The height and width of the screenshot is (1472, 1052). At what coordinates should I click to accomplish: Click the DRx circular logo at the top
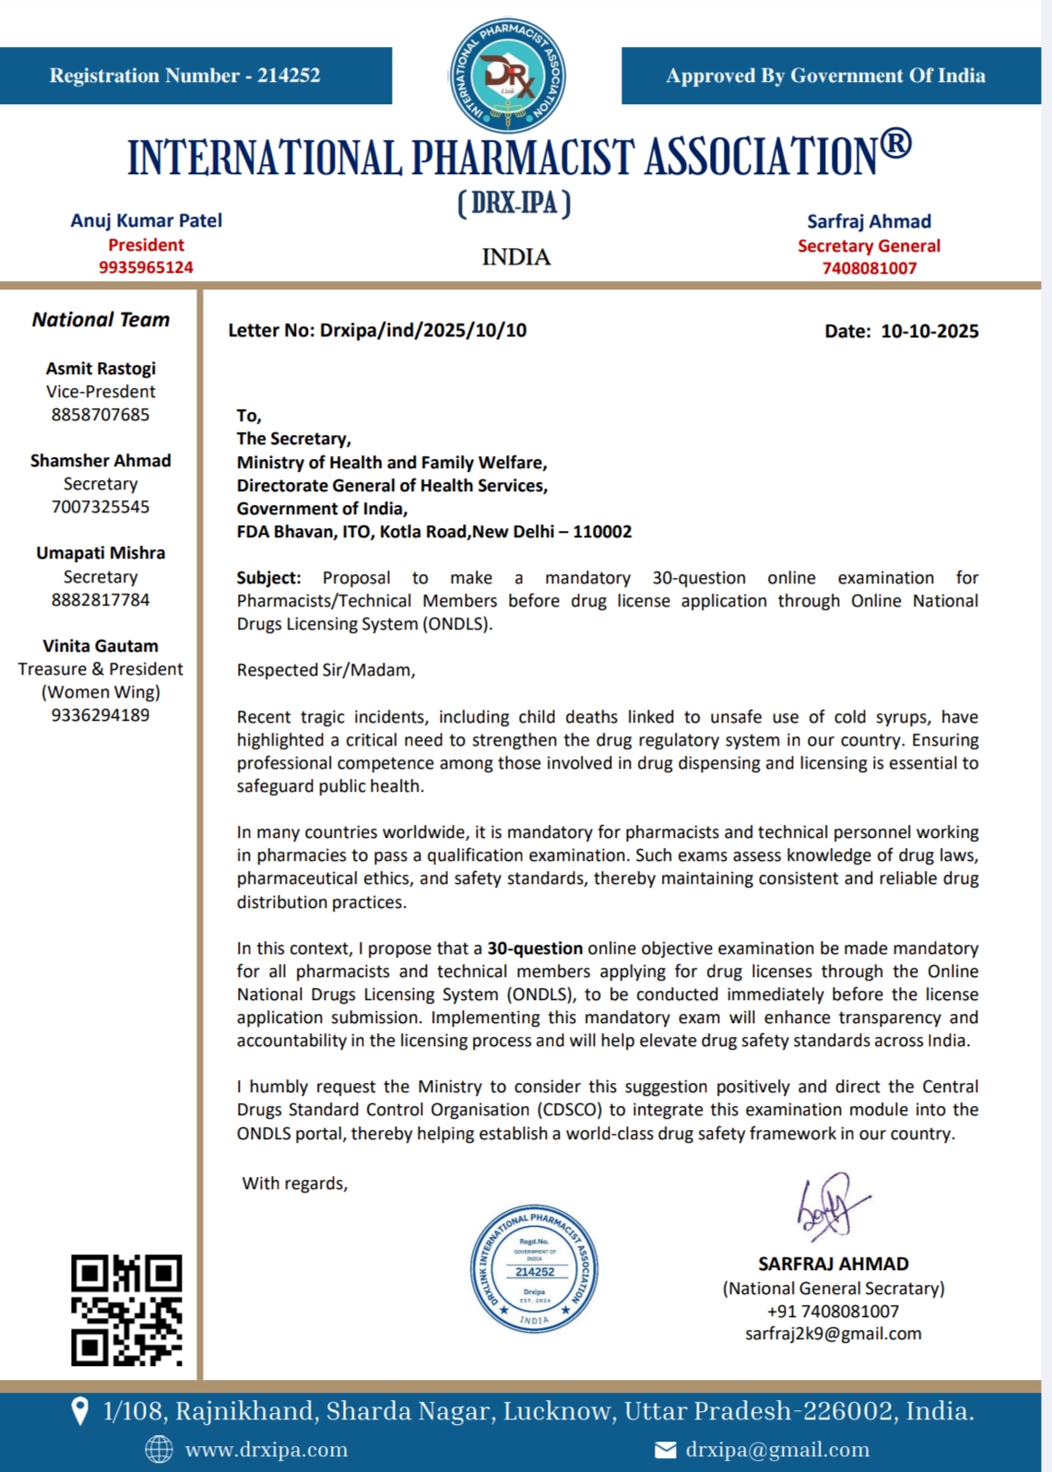(507, 76)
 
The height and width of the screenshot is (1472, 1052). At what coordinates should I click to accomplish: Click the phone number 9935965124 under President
(146, 267)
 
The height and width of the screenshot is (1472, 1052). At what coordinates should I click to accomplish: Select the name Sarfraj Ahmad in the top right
(869, 221)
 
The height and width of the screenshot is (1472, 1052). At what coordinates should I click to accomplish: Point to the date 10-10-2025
(929, 331)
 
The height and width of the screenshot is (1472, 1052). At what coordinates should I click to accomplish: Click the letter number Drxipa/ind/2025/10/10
(422, 330)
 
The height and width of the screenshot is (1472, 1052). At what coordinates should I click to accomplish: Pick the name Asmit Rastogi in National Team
(100, 369)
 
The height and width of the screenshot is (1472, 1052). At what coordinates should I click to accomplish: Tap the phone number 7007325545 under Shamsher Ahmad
(100, 507)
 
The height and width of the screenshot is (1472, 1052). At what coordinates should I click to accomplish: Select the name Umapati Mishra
(100, 553)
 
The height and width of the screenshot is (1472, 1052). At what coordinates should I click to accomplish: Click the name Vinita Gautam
(100, 646)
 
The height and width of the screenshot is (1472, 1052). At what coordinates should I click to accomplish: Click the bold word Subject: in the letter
(268, 578)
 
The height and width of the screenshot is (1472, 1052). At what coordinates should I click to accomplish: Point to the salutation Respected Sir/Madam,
(325, 670)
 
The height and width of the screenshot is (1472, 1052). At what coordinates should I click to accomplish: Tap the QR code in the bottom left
(126, 1310)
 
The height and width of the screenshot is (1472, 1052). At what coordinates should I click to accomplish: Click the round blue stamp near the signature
(535, 1268)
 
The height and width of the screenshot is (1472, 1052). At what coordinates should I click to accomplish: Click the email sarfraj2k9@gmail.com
(833, 1334)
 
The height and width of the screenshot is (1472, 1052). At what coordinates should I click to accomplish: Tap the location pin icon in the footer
(80, 1410)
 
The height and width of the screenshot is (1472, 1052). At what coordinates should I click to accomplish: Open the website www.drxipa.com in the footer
(266, 1450)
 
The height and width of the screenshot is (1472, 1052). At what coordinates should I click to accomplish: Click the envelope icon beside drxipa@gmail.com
(665, 1451)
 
